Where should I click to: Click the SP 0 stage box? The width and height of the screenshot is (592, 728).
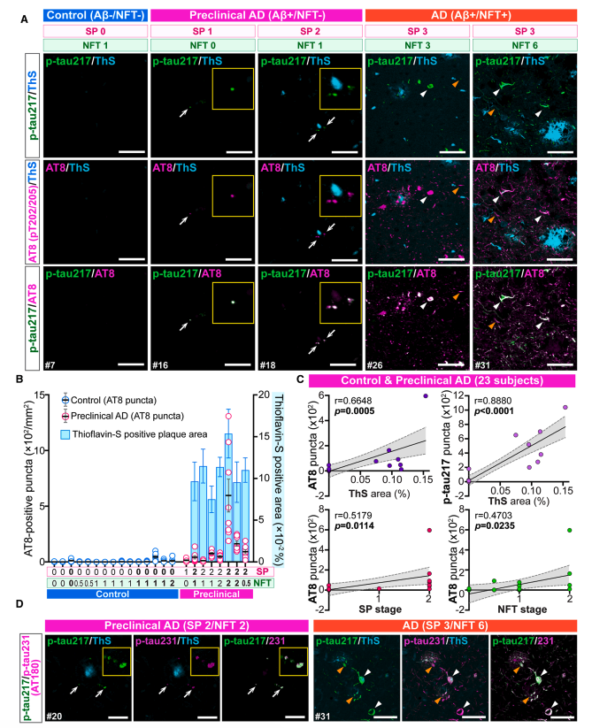[x=95, y=30]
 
